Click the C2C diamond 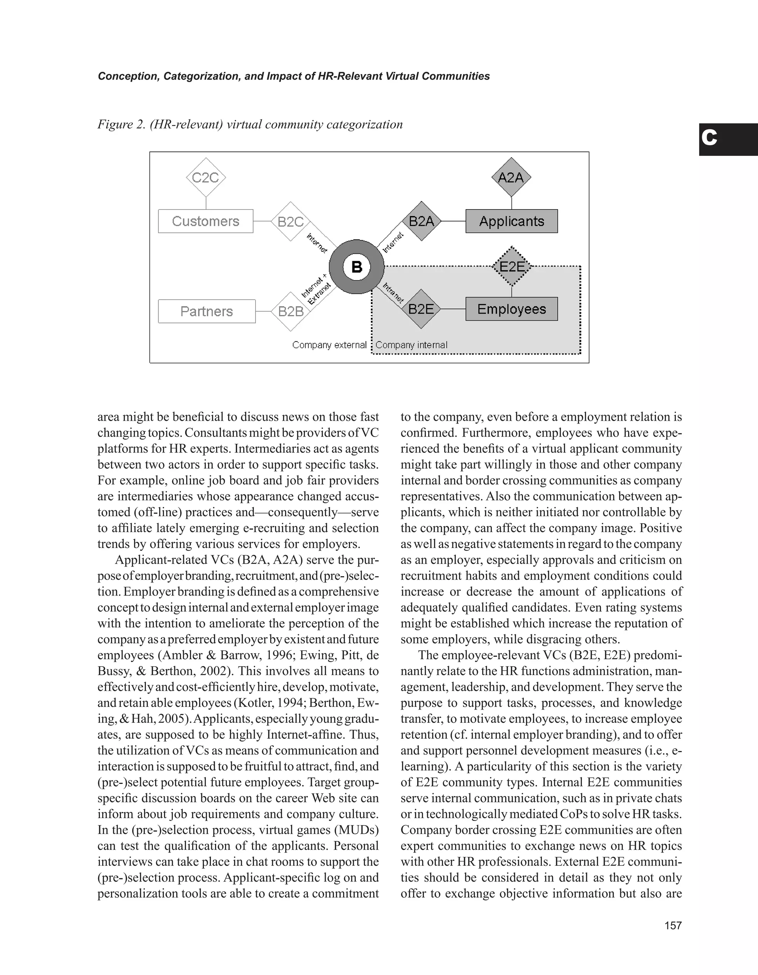[206, 178]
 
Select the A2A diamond [511, 178]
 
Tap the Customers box [206, 221]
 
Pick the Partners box [207, 311]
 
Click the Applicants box [511, 221]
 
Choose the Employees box [511, 309]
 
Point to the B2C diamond [291, 221]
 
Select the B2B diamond [291, 311]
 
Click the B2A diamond [421, 221]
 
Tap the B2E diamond [421, 309]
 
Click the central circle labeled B [356, 267]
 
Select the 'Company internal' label [411, 345]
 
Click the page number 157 [673, 925]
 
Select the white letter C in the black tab [709, 138]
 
